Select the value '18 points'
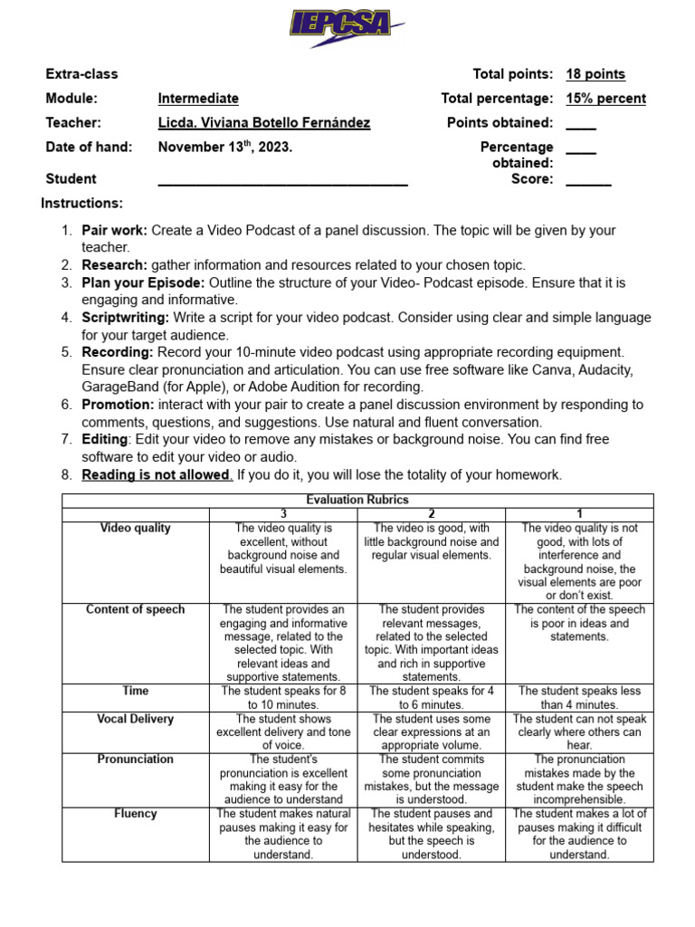595,74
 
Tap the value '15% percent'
605,98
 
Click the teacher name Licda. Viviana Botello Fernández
263,122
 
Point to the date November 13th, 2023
225,147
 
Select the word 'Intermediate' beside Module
198,98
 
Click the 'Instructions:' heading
82,203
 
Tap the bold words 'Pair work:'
115,230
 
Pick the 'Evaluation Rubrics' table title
357,500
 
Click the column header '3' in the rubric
283,513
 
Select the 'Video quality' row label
135,528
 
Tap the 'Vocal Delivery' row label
135,719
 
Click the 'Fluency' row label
135,814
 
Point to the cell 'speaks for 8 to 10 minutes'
283,697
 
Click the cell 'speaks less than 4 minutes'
579,697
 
